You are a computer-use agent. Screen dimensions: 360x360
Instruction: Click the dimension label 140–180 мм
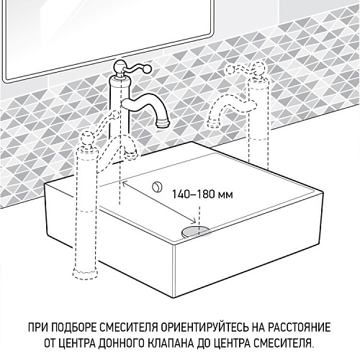click(x=202, y=194)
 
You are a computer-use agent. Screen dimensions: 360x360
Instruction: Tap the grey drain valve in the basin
click(x=196, y=232)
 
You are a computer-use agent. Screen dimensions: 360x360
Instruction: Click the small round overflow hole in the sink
click(x=158, y=186)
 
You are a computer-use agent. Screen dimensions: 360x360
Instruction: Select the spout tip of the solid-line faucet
click(x=163, y=124)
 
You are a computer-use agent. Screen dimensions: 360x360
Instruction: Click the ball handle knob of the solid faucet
click(x=119, y=66)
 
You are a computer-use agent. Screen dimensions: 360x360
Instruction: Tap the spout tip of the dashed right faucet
click(x=213, y=124)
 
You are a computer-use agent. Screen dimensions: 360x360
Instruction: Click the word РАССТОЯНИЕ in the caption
click(x=300, y=328)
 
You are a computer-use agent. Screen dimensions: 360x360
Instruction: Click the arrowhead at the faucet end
click(x=125, y=184)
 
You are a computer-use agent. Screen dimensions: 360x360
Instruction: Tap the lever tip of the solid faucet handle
click(x=148, y=69)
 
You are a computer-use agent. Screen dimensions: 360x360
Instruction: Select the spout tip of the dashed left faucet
click(x=131, y=154)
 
